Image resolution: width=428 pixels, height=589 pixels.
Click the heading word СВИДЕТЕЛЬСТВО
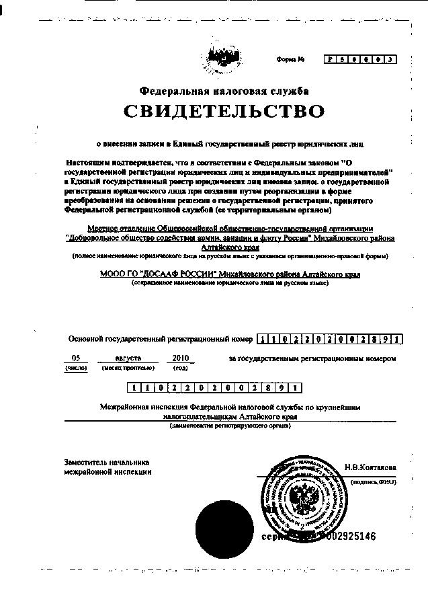pyautogui.click(x=223, y=111)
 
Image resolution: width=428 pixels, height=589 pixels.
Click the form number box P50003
pyautogui.click(x=359, y=59)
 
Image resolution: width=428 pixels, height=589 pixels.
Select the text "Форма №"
pyautogui.click(x=290, y=60)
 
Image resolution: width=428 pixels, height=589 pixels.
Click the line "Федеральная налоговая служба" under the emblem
pyautogui.click(x=224, y=91)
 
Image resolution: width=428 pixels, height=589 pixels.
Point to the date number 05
pyautogui.click(x=75, y=358)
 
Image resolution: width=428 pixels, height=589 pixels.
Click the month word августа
pyautogui.click(x=127, y=358)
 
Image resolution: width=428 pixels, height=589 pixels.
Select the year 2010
pyautogui.click(x=181, y=358)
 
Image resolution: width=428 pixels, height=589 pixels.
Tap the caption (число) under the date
pyautogui.click(x=75, y=368)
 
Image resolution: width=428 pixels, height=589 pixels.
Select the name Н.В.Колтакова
pyautogui.click(x=370, y=467)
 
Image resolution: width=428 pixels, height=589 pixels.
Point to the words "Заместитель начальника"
pyautogui.click(x=107, y=463)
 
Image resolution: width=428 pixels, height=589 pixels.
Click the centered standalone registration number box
pyautogui.click(x=214, y=387)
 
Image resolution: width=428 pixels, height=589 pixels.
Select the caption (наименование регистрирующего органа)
pyautogui.click(x=230, y=426)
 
